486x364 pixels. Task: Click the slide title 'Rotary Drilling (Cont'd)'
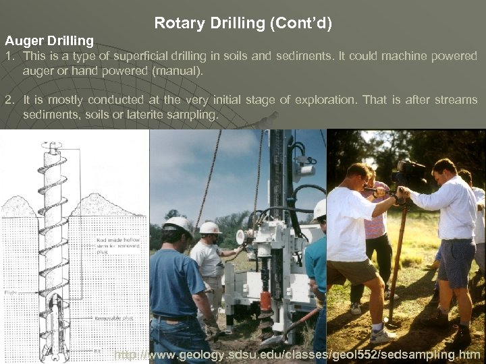pos(243,24)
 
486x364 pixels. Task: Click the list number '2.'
pos(9,100)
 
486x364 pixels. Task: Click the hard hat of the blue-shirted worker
pos(178,223)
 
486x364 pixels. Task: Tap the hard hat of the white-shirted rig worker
pos(210,228)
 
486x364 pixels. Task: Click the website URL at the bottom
pos(297,355)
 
